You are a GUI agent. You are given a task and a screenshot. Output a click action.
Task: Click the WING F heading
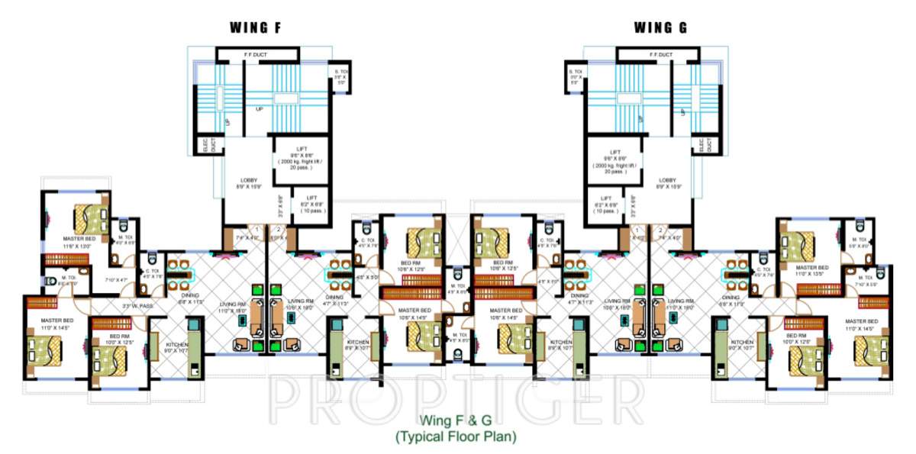(x=256, y=29)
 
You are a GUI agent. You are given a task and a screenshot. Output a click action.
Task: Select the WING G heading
(x=661, y=29)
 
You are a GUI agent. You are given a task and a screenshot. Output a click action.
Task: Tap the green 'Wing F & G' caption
(x=456, y=420)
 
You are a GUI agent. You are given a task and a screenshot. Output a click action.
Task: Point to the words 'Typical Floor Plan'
(x=456, y=436)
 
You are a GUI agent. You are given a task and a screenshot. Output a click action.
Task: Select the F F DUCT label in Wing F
(x=256, y=55)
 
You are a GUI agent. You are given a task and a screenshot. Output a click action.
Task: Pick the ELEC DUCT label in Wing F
(x=205, y=144)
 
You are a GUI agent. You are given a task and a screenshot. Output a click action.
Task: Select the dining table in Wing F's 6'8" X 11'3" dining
(x=182, y=275)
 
